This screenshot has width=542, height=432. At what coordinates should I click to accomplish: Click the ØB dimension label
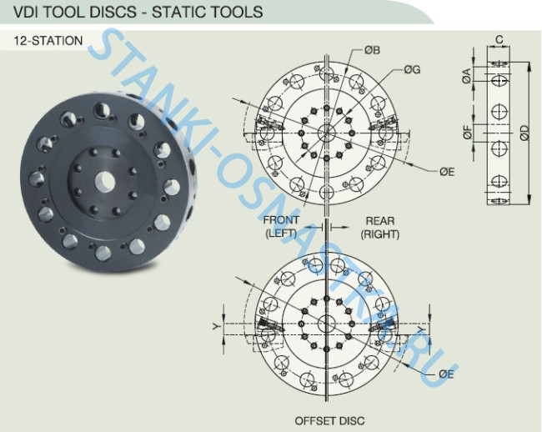pos(372,50)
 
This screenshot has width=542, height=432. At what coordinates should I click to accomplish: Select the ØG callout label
pos(412,70)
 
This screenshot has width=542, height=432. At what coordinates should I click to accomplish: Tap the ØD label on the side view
pos(524,133)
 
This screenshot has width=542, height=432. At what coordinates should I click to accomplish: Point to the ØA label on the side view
pos(466,76)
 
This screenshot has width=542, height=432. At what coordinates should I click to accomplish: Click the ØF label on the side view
pos(467,133)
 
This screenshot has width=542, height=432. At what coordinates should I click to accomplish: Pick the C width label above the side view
pos(499,40)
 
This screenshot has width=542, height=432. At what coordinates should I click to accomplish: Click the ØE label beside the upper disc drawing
pos(447,172)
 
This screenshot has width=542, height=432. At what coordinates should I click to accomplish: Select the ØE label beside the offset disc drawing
pos(446,374)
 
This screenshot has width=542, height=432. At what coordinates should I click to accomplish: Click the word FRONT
pos(281,220)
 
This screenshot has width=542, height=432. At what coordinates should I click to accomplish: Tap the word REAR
pos(380,220)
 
